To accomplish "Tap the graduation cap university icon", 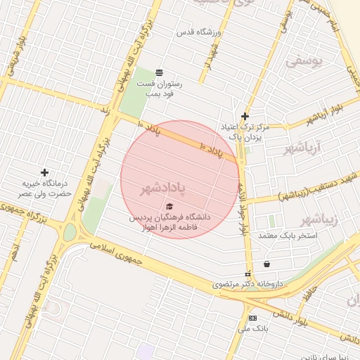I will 168,206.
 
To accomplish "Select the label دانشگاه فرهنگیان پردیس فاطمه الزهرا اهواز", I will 169,222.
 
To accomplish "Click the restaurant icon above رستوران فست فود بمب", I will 160,72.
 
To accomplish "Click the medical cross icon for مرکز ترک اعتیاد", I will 245,117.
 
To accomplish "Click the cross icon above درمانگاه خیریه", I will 45,172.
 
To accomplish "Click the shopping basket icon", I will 267,264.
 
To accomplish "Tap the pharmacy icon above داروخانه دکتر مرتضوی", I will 247,274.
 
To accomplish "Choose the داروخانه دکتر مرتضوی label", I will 247,285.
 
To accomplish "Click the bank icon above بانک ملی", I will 252,318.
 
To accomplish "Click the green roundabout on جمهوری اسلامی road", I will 70,232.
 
